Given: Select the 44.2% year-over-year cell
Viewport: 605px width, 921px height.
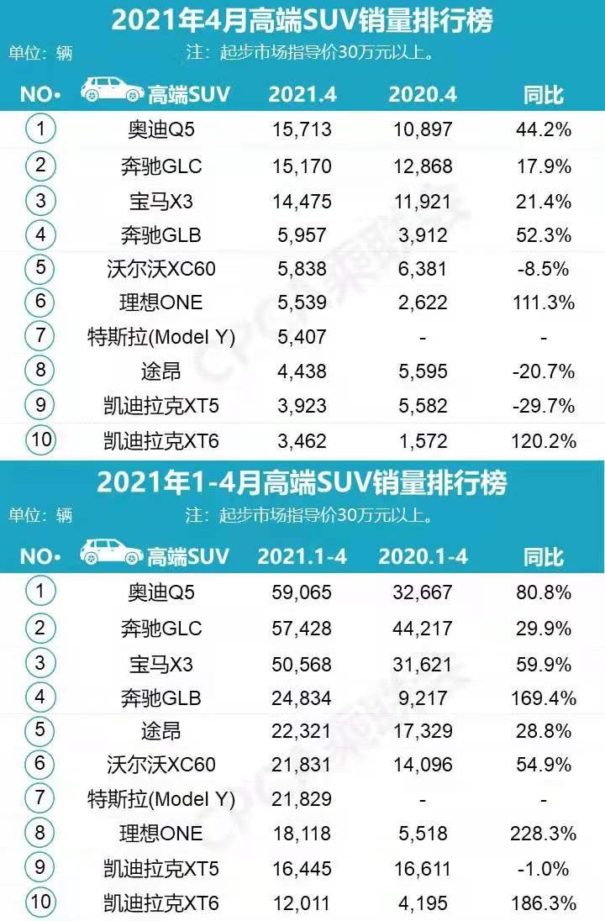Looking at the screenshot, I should coord(543,129).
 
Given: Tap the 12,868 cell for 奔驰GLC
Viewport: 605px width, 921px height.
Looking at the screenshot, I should coord(422,166).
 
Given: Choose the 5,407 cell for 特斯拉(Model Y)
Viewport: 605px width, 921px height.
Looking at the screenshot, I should coord(301,337).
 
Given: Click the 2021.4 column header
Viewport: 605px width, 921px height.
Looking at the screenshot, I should coord(302,94).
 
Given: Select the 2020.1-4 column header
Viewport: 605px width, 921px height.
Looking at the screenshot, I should coord(422,556).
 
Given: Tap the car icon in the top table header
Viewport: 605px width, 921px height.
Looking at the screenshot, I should coord(112,90).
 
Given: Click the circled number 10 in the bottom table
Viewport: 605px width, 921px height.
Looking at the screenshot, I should coord(39,903).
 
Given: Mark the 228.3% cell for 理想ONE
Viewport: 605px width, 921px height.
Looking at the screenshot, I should coord(543,834).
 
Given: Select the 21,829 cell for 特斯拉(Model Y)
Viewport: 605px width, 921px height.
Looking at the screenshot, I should coord(301,799).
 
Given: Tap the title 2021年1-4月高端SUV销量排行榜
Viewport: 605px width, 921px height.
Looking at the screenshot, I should coord(302,483).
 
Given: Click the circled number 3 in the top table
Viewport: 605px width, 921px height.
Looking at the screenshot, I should coord(39,200).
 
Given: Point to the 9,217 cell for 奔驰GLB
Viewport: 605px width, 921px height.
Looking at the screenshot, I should coord(422,697).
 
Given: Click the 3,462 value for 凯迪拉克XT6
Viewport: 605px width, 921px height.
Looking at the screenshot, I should coord(301,440).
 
